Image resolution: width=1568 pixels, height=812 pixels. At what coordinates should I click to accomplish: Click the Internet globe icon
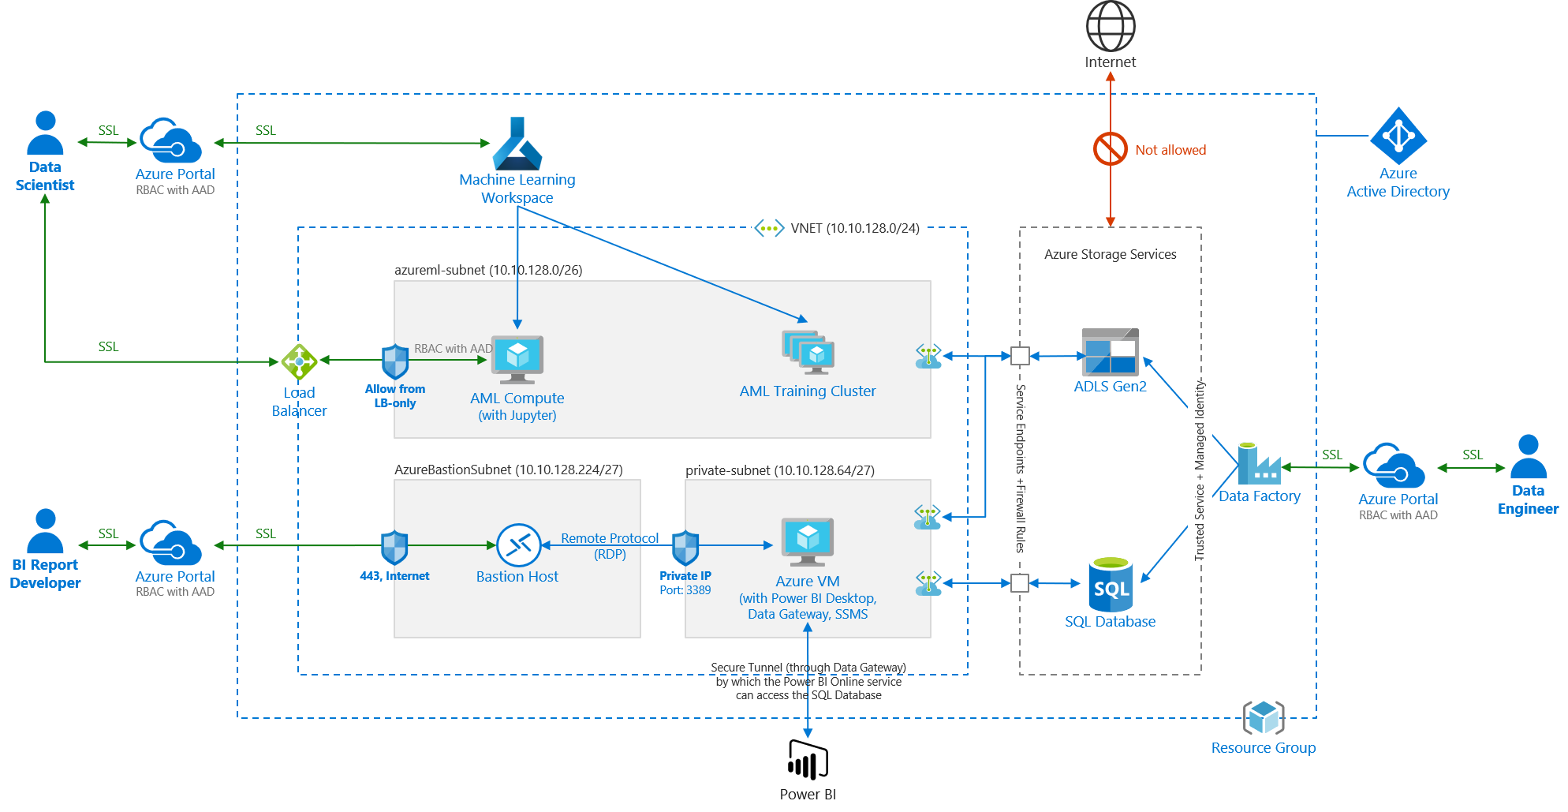1110,26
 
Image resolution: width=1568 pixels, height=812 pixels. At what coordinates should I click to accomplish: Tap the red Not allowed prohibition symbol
1110,148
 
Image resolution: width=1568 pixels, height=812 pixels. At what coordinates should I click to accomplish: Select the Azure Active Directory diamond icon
1398,136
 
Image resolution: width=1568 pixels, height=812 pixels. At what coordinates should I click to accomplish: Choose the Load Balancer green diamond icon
299,361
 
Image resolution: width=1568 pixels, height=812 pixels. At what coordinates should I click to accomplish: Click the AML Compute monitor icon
517,358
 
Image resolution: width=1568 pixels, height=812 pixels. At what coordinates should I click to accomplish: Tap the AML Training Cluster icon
808,352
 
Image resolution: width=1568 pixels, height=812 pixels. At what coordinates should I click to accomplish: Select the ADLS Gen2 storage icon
1110,352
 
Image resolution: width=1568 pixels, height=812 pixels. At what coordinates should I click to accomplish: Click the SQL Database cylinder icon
1110,583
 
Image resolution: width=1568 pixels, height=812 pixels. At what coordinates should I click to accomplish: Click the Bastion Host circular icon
518,544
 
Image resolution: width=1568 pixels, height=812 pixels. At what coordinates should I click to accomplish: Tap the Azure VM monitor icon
807,541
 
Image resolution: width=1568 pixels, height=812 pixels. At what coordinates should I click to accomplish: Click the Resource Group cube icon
1264,717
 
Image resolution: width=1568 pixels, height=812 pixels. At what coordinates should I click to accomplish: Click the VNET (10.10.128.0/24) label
854,228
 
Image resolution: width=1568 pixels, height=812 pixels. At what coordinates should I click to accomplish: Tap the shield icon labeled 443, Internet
394,547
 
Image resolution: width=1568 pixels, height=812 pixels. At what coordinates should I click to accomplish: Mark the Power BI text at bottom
807,795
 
